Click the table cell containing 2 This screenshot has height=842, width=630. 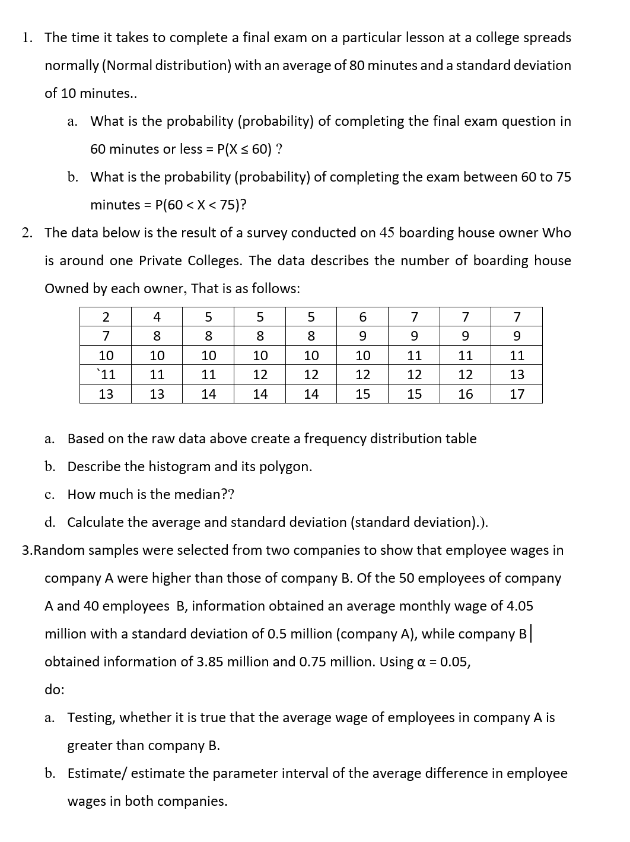pyautogui.click(x=106, y=317)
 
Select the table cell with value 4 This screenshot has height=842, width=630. pyautogui.click(x=157, y=317)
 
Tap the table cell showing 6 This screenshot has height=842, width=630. pyautogui.click(x=362, y=317)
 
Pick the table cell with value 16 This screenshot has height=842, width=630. pyautogui.click(x=466, y=394)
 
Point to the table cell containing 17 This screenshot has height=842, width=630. pyautogui.click(x=517, y=394)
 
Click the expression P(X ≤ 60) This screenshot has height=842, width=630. pyautogui.click(x=245, y=149)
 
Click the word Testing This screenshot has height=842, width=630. pyautogui.click(x=92, y=717)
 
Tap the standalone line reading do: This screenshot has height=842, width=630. pyautogui.click(x=55, y=690)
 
